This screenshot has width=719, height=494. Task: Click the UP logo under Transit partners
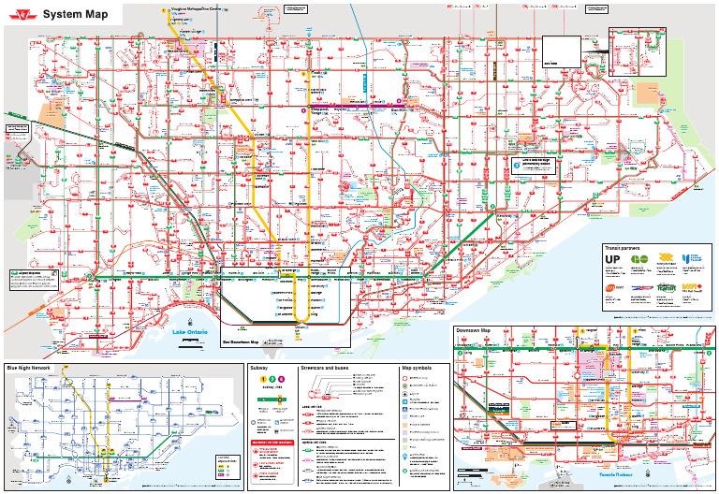click(613, 260)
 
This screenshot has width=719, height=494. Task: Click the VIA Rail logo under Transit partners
click(691, 286)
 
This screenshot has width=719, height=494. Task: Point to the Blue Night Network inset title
click(28, 368)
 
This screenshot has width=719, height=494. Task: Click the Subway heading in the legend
click(259, 368)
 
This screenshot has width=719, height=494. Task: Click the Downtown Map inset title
click(474, 331)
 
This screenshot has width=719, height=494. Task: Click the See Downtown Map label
click(241, 342)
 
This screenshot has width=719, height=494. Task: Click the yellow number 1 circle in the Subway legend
click(263, 379)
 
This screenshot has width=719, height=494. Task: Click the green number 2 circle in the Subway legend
click(272, 379)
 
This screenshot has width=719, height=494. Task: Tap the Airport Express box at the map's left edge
click(16, 129)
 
